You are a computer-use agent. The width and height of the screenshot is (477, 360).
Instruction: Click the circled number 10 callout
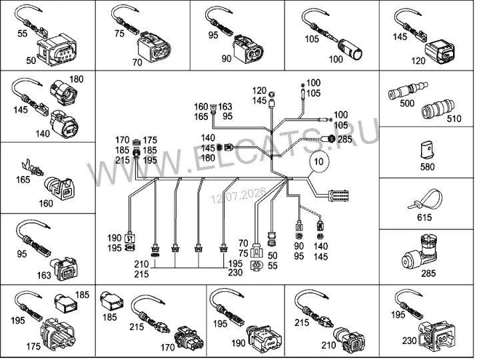[x=318, y=161]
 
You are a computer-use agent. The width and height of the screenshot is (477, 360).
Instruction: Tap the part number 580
[x=427, y=167]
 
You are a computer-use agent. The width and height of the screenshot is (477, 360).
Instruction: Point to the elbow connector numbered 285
[x=424, y=252]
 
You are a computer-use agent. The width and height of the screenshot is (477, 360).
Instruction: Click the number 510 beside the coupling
[x=454, y=119]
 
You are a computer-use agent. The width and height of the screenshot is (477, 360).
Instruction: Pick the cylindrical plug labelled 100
[x=350, y=49]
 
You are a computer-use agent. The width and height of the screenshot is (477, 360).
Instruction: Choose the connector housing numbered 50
[x=57, y=50]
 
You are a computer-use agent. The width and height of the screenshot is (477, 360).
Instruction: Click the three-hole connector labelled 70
[x=154, y=47]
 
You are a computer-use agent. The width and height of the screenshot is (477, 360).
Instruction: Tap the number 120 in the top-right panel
[x=418, y=61]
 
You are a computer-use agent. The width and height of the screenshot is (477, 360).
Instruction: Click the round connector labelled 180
[x=63, y=92]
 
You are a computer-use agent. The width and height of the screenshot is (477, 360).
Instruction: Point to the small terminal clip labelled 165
[x=32, y=168]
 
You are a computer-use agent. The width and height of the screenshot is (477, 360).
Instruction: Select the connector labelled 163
[x=66, y=269]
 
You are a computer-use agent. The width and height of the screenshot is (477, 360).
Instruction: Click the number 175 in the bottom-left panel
[x=33, y=346]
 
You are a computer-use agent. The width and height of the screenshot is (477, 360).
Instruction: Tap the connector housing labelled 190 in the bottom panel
[x=264, y=339]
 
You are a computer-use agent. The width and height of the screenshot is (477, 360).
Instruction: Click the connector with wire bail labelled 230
[x=437, y=334]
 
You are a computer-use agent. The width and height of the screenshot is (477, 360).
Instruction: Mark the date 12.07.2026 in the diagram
[x=238, y=195]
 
